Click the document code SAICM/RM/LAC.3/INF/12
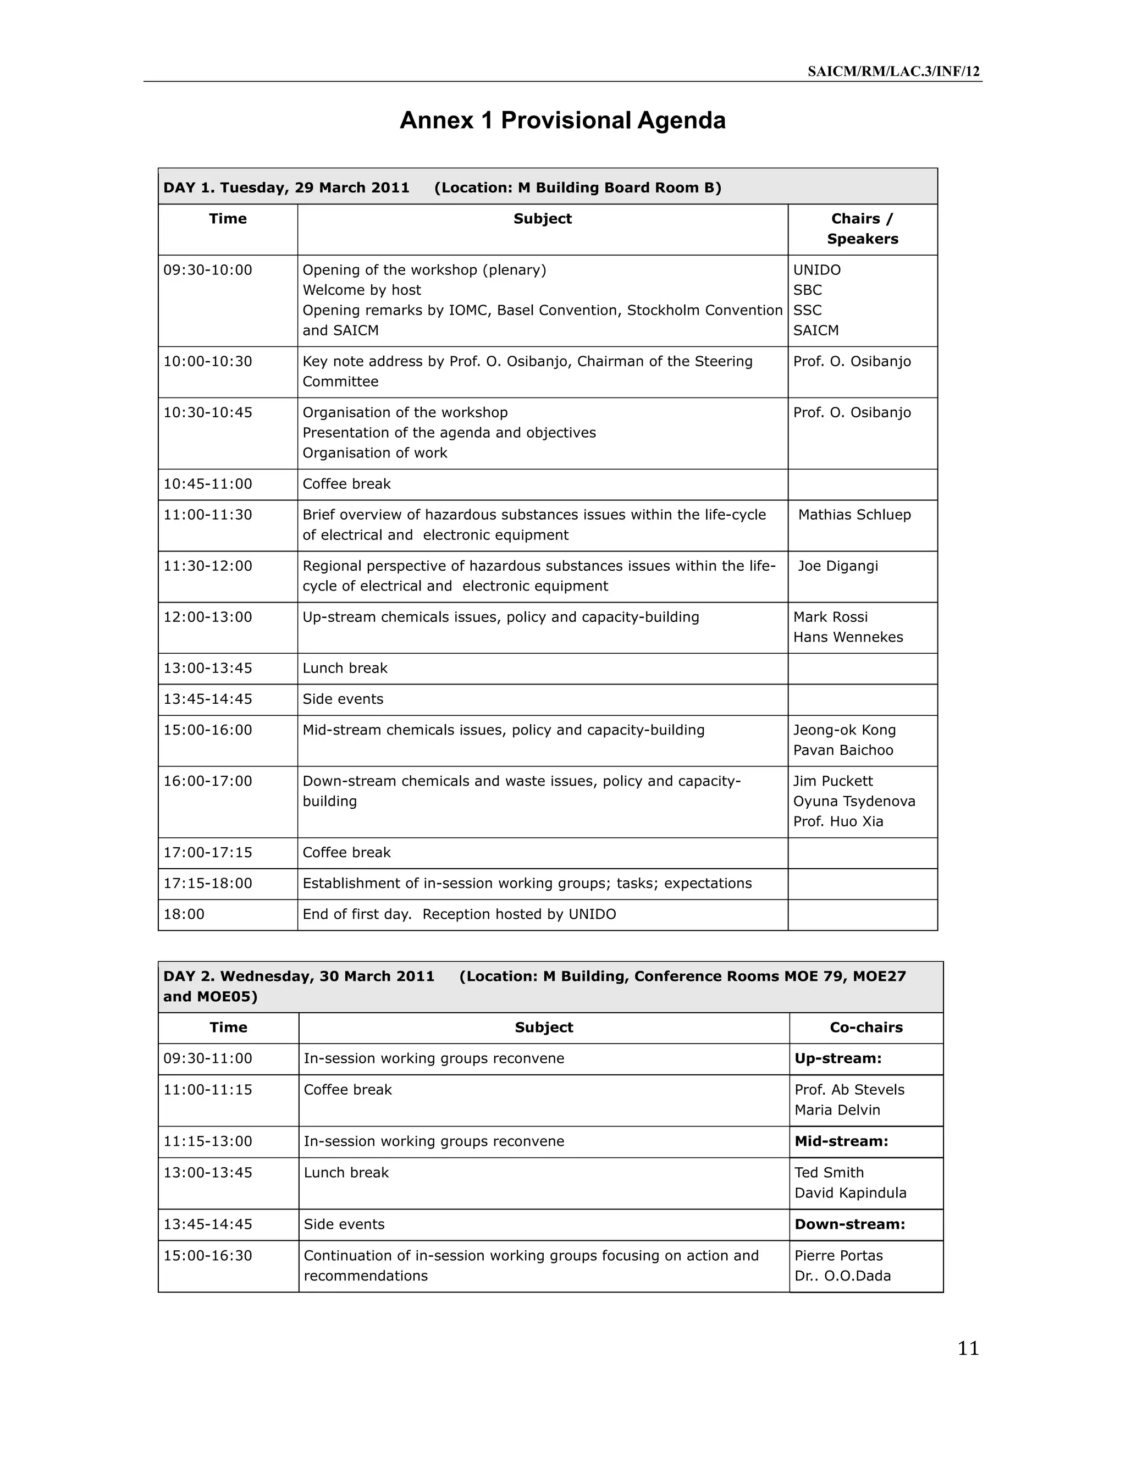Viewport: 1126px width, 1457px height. (893, 72)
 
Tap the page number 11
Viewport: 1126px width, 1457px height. (968, 1348)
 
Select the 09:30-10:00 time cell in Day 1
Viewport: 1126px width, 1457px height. (208, 270)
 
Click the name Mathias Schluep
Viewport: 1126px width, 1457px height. (854, 515)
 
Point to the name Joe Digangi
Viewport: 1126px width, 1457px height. (838, 566)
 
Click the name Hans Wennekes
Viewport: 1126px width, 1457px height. (848, 637)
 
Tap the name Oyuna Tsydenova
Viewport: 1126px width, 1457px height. (854, 801)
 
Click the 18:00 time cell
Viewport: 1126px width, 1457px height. (184, 915)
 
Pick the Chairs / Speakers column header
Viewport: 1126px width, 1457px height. (862, 229)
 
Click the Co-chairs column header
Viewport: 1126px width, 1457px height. (866, 1028)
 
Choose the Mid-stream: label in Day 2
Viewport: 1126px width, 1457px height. (841, 1141)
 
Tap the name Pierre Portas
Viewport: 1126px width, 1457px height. (838, 1256)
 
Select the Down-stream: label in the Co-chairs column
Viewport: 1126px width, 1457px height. (849, 1224)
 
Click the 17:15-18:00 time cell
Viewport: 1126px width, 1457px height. (208, 884)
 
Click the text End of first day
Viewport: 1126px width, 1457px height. (357, 915)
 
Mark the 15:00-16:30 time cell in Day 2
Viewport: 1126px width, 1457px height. (208, 1256)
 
